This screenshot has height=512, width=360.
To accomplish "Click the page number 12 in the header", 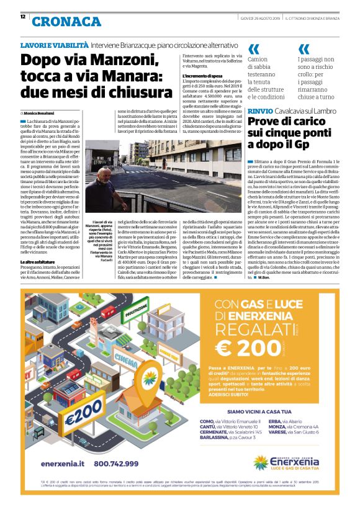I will point(23,17).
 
